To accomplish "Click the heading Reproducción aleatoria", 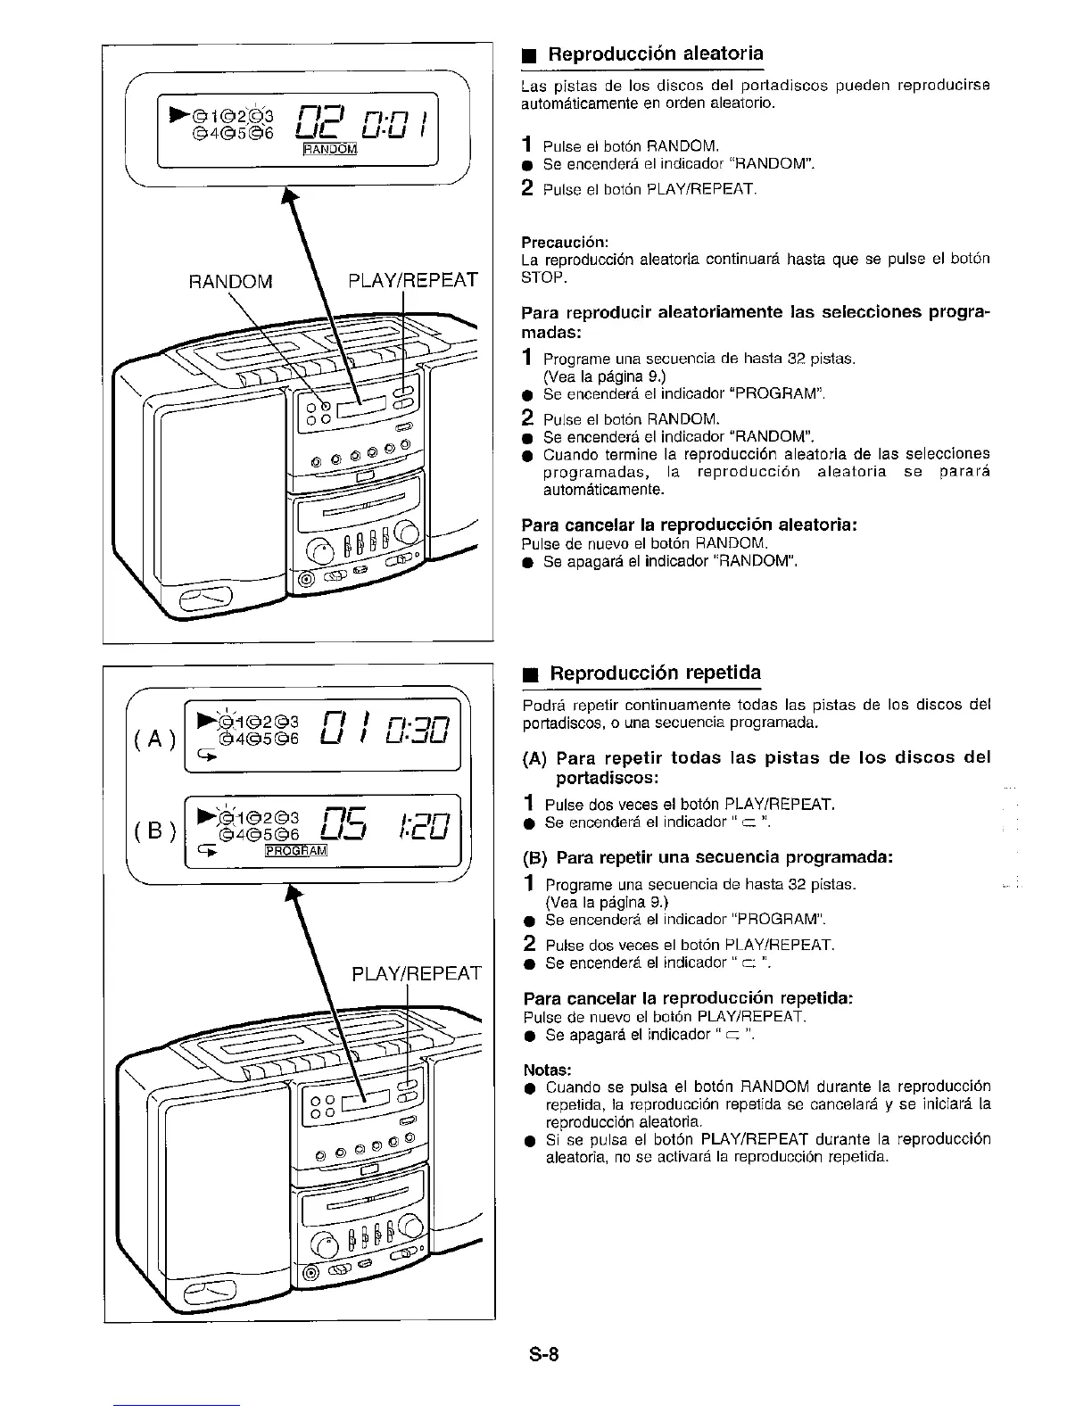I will tap(655, 54).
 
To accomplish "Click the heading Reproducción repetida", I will tap(655, 673).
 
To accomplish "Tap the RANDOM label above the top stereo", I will tap(230, 282).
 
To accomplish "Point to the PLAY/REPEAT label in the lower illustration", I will tap(417, 972).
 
